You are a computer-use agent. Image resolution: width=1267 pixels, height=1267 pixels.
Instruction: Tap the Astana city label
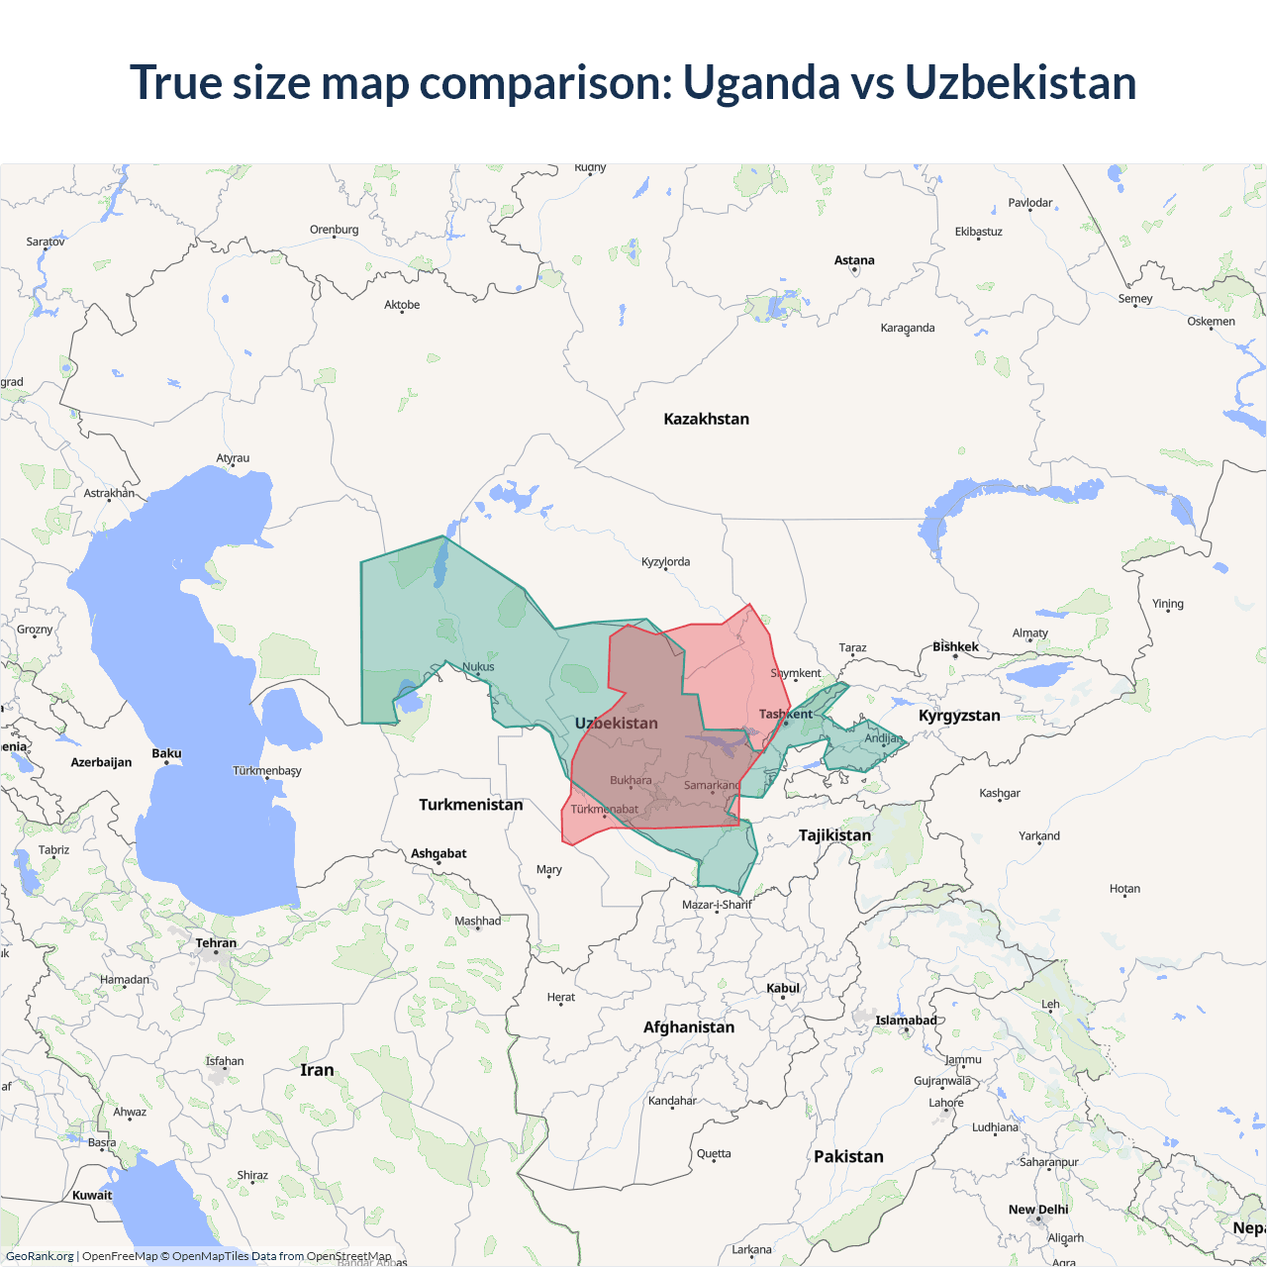coord(854,260)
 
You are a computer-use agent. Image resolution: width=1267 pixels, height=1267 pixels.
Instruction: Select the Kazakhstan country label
coord(706,419)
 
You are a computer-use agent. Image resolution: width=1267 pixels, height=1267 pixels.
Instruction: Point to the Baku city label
coord(166,753)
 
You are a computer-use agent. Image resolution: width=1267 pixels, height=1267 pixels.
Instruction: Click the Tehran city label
coord(216,942)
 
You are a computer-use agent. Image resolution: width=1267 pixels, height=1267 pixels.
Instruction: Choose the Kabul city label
coord(783,988)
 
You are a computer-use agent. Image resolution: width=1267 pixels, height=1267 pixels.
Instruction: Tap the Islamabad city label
coord(906,1021)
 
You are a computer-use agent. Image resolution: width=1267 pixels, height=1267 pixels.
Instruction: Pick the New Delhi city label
coord(1038,1210)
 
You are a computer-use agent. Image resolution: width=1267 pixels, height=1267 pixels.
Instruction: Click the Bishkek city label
coord(955,646)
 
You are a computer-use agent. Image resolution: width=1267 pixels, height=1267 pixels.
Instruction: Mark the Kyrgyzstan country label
coord(959,716)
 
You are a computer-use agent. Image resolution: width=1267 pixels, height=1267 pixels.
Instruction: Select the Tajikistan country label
coord(834,835)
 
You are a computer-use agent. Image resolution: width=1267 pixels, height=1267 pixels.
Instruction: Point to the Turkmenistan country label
coord(470,805)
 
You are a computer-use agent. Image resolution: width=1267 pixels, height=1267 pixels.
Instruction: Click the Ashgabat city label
coord(439,853)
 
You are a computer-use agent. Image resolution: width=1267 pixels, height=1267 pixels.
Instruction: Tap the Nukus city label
coord(478,666)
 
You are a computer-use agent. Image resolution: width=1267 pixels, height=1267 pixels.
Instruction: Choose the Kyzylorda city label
coord(665,561)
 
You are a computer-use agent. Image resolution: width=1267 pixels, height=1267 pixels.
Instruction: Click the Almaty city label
coord(1029,633)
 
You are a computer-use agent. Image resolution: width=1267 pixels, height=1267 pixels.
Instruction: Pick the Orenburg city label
coord(334,230)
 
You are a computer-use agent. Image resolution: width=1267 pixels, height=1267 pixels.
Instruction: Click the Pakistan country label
coord(848,1156)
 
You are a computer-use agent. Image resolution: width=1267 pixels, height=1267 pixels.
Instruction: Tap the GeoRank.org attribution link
coord(40,1256)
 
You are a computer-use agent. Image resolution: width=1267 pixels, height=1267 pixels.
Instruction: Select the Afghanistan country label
coord(689,1027)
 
